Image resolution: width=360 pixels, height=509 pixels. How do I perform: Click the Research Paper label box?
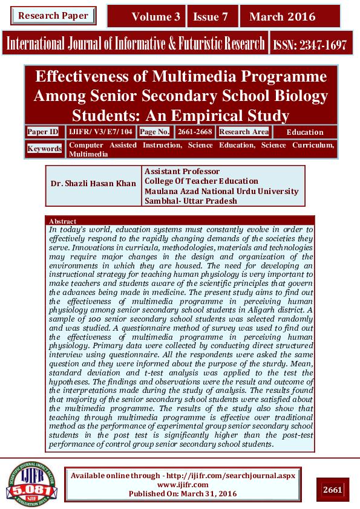click(53, 16)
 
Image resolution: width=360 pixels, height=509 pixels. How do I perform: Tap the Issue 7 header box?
click(211, 17)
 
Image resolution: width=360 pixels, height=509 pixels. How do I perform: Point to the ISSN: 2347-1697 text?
click(310, 44)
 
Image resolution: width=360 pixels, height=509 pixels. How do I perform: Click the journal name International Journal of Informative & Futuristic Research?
click(136, 44)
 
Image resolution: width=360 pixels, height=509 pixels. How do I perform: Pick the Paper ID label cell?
click(43, 132)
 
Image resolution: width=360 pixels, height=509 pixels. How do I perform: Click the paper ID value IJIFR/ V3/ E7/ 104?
click(101, 132)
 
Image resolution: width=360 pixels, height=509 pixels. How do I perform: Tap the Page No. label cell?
click(155, 132)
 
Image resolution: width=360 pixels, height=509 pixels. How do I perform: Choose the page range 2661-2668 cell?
click(195, 132)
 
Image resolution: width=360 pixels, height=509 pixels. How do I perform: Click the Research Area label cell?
click(244, 132)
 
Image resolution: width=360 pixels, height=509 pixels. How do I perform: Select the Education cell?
click(304, 132)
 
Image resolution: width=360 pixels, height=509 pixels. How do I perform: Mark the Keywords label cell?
click(45, 148)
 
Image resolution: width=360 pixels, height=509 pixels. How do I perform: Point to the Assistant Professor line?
click(182, 172)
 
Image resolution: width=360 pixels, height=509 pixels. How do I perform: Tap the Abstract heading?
click(62, 221)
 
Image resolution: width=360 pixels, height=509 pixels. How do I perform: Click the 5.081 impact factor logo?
click(31, 483)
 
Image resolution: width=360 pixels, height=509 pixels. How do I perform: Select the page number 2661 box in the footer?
click(333, 489)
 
